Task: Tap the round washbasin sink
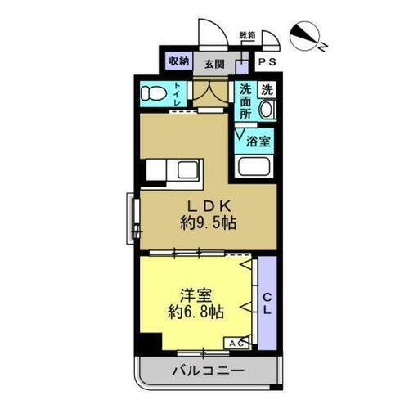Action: click(x=267, y=110)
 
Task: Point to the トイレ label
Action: click(x=178, y=95)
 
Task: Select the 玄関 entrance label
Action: click(x=214, y=62)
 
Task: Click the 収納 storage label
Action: click(x=179, y=61)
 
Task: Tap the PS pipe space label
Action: click(x=267, y=62)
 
